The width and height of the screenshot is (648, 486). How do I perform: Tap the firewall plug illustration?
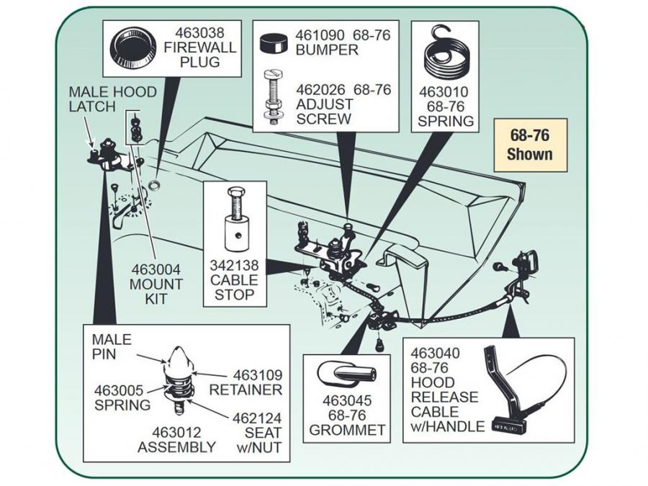132,48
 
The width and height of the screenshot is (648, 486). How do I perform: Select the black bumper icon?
274,42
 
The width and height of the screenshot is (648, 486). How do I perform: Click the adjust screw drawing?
274,96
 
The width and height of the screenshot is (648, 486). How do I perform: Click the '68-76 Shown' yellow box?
529,145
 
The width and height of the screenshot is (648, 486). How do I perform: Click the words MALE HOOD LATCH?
91,99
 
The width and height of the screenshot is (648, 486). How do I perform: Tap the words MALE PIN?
108,345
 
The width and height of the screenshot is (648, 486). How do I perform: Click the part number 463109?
256,375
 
